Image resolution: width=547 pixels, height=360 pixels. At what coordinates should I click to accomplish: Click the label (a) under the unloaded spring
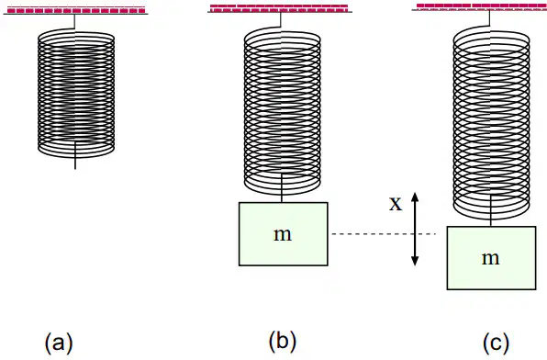coord(59,343)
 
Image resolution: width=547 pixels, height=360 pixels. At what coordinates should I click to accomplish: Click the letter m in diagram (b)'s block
coord(283,235)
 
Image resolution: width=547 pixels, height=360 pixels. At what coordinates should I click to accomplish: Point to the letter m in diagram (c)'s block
coord(490,258)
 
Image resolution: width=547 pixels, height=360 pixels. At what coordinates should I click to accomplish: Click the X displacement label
coord(396,204)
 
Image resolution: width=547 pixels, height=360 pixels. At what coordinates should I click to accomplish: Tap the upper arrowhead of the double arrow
coord(415,197)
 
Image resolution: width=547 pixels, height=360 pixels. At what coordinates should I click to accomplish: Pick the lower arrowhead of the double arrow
coord(415,261)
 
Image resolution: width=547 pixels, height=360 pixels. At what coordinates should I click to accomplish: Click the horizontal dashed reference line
coord(384,233)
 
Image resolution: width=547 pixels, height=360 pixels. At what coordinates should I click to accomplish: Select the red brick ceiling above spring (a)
coord(76,10)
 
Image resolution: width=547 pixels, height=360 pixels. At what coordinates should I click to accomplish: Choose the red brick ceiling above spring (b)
coord(280,8)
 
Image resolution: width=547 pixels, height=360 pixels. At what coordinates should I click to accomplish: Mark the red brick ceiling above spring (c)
coord(480,6)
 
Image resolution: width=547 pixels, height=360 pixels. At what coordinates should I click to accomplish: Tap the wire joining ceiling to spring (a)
coord(74,22)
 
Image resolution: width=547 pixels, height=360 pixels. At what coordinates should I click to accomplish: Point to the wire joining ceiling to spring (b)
coord(281,19)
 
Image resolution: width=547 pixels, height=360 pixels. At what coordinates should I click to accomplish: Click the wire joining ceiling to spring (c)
coord(489,17)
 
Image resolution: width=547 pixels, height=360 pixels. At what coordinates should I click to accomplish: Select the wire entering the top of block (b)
coord(282,188)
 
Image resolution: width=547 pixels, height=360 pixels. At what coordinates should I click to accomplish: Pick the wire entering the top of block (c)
coord(491,211)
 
